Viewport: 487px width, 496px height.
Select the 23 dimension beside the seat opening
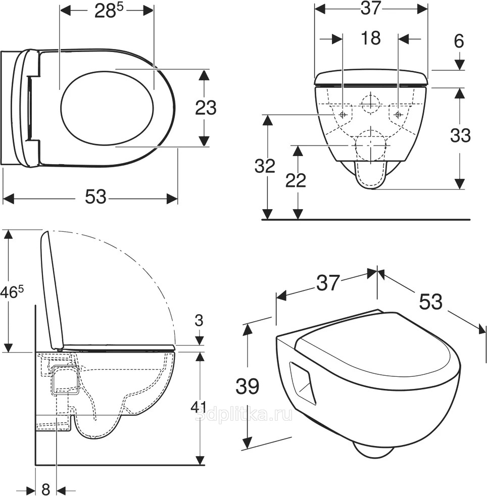click(x=206, y=108)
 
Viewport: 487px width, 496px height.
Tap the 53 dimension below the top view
click(x=95, y=197)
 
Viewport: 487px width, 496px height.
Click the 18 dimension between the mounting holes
click(x=370, y=38)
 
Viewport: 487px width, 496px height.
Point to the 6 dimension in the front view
click(x=459, y=41)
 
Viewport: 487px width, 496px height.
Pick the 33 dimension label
click(x=460, y=135)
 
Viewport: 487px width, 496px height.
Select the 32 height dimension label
click(x=265, y=166)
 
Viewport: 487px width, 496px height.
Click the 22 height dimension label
click(x=296, y=180)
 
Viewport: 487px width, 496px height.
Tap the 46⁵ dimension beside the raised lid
click(x=12, y=291)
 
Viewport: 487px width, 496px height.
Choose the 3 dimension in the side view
click(x=199, y=320)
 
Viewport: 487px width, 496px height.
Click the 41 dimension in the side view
click(x=199, y=407)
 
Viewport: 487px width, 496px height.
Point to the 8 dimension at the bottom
click(x=46, y=489)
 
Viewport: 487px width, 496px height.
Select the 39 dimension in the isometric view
click(x=248, y=386)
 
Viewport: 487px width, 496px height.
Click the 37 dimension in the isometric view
click(x=328, y=282)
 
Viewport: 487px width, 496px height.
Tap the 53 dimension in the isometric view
click(x=431, y=302)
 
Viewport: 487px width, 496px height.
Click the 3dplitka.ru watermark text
click(x=243, y=415)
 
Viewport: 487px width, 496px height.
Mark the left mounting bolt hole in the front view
click(x=342, y=114)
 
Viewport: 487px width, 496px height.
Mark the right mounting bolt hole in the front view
click(x=398, y=114)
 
